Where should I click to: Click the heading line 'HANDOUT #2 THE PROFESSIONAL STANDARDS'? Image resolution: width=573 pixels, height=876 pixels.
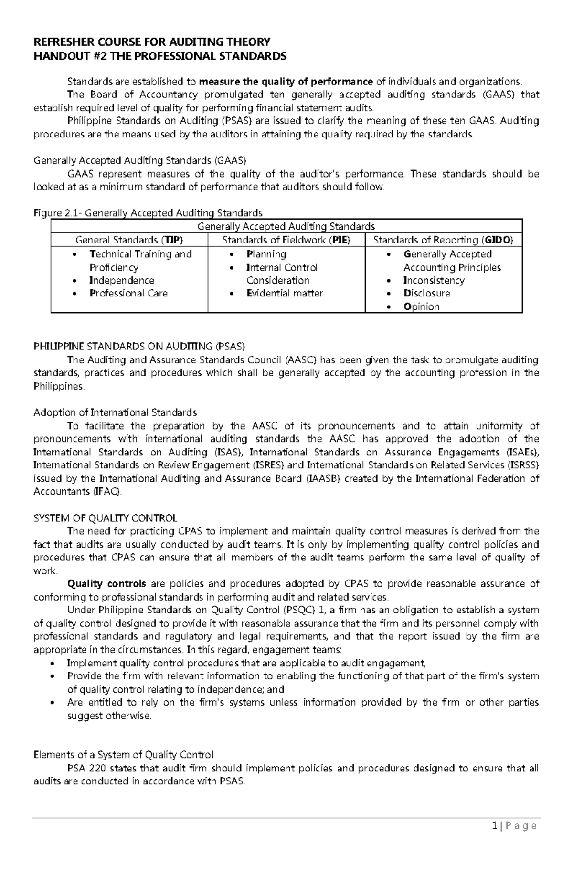pos(159,57)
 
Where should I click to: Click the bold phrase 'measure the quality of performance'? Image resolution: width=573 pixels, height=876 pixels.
pos(286,82)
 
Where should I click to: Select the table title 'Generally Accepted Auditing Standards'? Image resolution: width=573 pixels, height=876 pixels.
pos(286,226)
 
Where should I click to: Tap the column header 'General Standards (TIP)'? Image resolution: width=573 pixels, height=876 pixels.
pos(129,240)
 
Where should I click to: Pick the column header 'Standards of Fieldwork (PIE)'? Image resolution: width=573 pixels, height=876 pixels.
pos(286,240)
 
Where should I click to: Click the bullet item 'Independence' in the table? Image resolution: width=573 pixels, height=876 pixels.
pos(121,280)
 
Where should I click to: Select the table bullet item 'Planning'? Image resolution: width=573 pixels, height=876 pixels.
pos(266,254)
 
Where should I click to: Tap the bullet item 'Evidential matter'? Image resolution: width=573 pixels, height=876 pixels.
pos(284,293)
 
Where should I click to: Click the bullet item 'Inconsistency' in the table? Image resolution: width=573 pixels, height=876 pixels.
pos(434,280)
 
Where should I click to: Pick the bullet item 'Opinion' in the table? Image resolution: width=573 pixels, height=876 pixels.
pos(421,306)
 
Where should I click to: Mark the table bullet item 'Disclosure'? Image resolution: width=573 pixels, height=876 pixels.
pos(426,293)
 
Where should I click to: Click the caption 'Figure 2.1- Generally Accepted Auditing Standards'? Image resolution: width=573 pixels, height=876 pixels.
pos(148,213)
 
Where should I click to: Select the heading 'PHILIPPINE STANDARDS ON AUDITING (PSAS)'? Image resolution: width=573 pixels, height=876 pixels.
pos(139,346)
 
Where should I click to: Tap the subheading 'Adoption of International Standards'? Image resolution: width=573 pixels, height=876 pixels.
pos(115,412)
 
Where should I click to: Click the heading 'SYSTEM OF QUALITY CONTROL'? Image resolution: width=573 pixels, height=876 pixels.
pos(105,518)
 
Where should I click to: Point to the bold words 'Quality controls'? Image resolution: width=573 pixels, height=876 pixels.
pos(106,584)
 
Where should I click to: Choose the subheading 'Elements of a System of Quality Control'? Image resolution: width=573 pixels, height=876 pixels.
pos(123,755)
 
